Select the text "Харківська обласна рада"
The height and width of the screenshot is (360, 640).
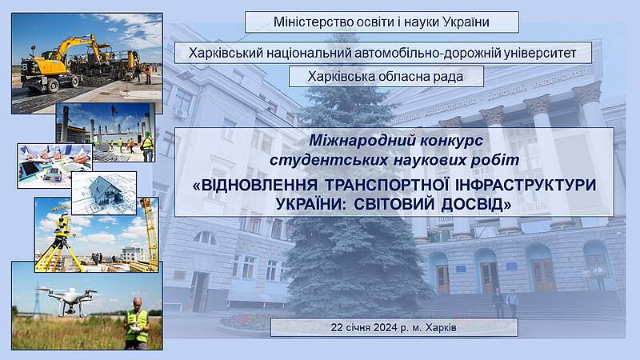point(386,76)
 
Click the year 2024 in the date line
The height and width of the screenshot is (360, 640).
point(385,327)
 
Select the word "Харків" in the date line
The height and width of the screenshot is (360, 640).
point(441,327)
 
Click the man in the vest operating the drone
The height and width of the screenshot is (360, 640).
point(137,323)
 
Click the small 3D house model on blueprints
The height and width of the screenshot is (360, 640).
point(105,191)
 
